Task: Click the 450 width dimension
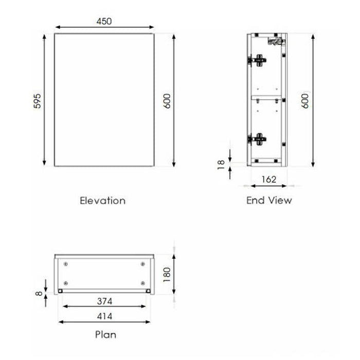coord(104,21)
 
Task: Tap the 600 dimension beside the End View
coord(305,100)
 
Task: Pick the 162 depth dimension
coord(268,179)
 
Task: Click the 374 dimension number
coord(104,301)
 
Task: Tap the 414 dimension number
coord(104,316)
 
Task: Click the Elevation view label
coord(102,200)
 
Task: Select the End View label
coord(269,200)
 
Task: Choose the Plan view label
coord(105,335)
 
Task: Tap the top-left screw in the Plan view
coord(65,264)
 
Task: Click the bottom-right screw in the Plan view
coord(142,282)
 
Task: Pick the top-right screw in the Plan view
coord(142,264)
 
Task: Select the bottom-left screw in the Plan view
coord(65,282)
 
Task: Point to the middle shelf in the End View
coord(267,96)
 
